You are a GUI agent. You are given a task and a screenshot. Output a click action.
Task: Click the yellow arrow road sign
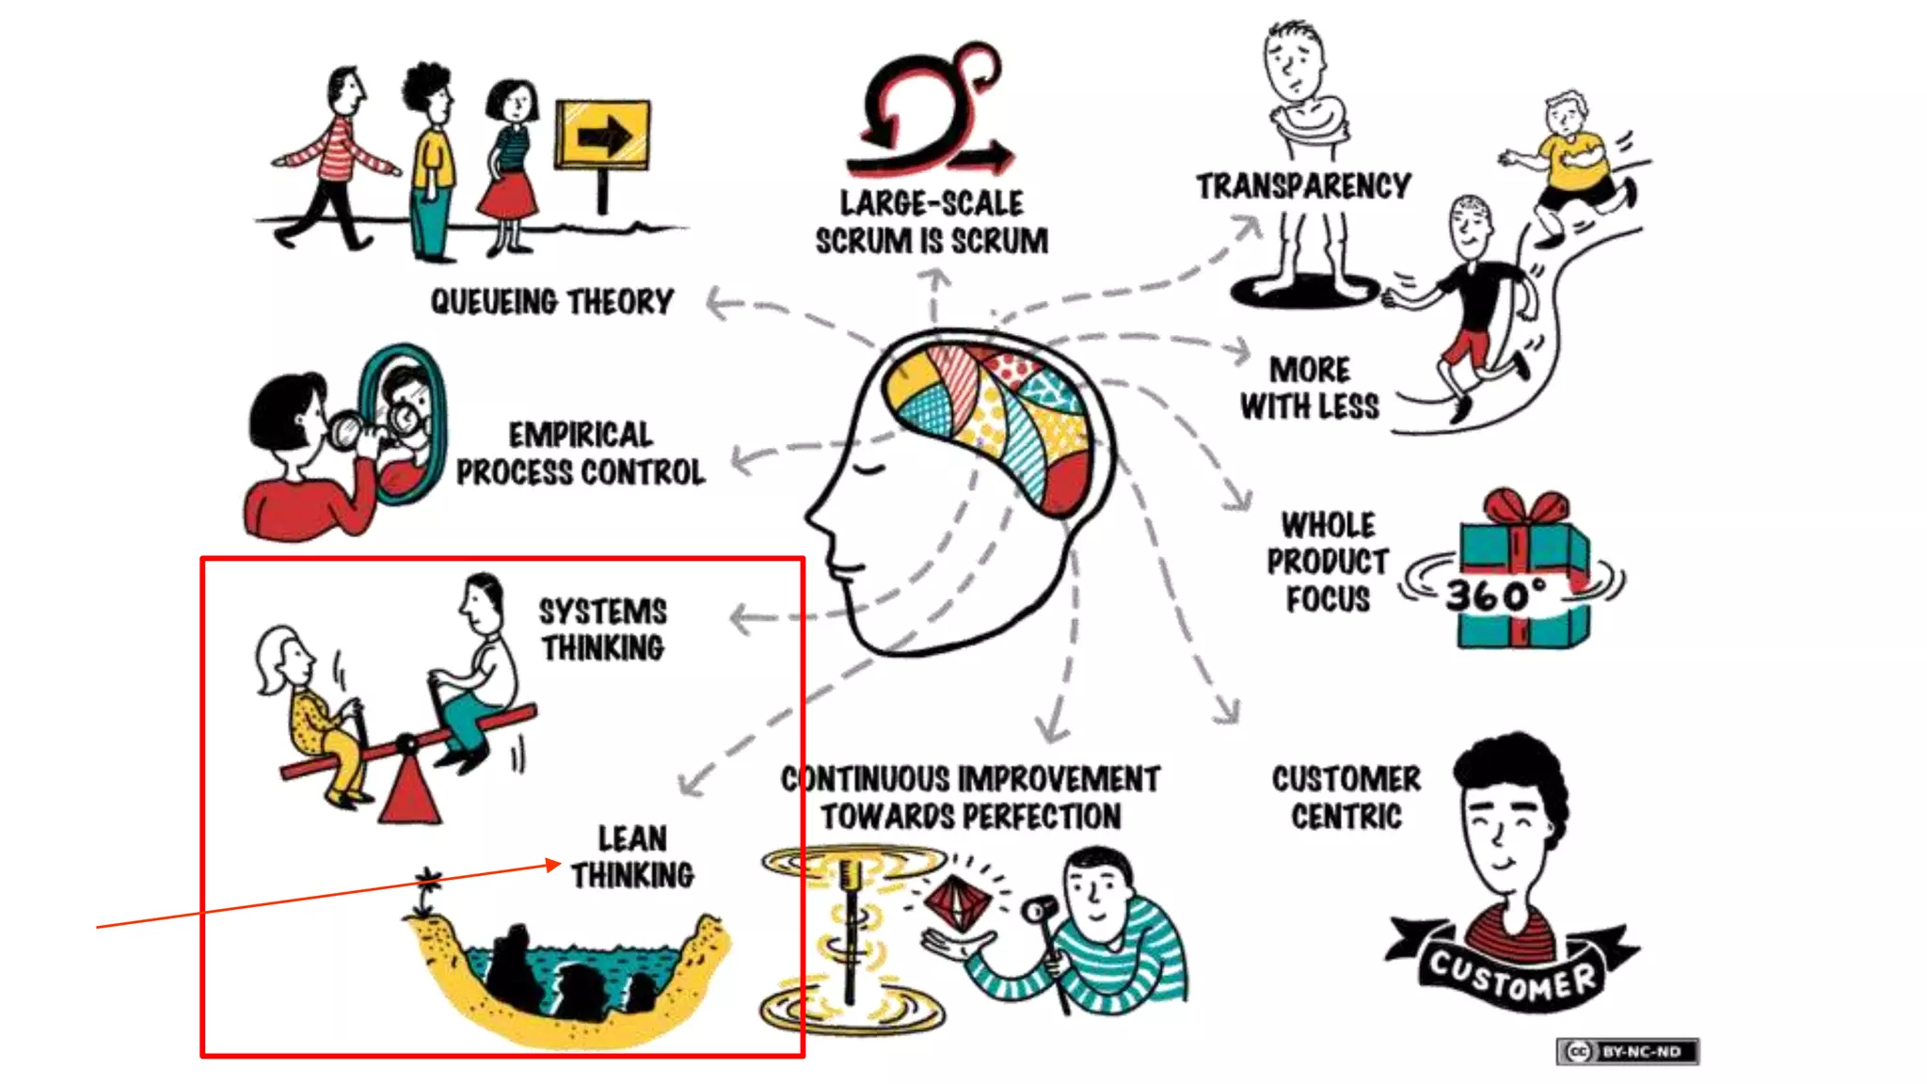coord(602,135)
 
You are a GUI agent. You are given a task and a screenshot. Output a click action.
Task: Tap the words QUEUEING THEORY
coord(552,302)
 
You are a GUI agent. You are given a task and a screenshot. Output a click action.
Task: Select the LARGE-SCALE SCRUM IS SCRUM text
coord(932,222)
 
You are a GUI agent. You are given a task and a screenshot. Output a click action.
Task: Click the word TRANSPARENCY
coord(1303,186)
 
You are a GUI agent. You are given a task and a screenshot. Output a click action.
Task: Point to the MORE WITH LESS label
coord(1310,388)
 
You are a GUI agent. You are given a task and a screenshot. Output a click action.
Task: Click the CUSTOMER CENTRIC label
coord(1346,797)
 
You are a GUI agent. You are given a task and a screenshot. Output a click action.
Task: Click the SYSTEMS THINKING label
coord(603,630)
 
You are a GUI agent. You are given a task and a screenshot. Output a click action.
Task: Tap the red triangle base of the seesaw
coord(409,790)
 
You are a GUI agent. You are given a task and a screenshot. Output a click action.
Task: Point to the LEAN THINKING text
coord(632,856)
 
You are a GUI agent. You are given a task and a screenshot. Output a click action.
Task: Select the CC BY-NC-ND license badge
coord(1628,1051)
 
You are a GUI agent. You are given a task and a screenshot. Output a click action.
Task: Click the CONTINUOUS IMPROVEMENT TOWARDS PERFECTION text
coord(970,797)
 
